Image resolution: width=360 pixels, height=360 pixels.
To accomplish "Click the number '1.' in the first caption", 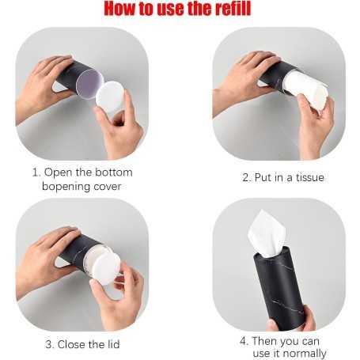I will (36, 172).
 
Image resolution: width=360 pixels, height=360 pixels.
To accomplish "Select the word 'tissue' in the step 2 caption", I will (307, 177).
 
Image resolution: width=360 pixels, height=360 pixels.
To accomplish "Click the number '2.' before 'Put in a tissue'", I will (247, 177).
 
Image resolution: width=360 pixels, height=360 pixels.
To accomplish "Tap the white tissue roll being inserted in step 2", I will (307, 89).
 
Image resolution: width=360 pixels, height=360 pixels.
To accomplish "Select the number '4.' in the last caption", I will (244, 341).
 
